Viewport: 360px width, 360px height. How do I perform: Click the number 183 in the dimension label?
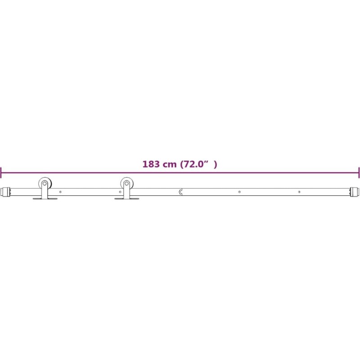(151, 164)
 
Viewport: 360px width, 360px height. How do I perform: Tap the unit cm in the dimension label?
(170, 165)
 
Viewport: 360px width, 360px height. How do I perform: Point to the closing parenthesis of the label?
(215, 164)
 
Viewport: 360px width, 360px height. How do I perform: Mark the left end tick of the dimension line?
(1, 173)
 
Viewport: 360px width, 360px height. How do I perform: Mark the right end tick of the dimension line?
(359, 173)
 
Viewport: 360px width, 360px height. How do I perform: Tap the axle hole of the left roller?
(45, 184)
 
